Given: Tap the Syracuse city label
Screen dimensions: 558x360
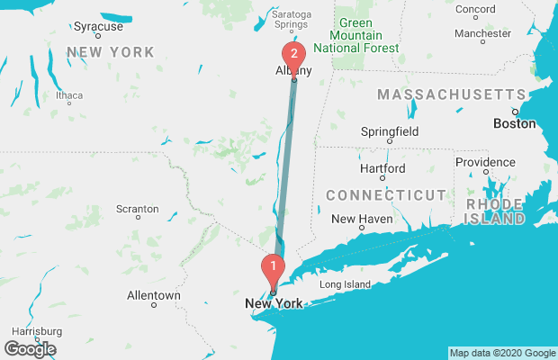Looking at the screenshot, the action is [x=98, y=27].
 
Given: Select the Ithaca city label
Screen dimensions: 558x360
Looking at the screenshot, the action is [x=68, y=95].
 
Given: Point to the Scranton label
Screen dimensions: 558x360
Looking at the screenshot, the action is [x=137, y=209].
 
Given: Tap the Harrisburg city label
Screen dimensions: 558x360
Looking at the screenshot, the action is [x=34, y=330].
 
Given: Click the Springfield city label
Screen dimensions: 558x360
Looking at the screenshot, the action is [x=389, y=130].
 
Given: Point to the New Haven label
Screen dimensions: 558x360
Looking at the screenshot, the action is [x=360, y=219].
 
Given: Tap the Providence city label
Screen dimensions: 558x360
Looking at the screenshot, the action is [x=484, y=162].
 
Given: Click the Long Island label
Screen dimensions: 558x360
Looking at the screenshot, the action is [x=345, y=284].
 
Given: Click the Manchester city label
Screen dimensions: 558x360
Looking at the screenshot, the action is [x=482, y=33].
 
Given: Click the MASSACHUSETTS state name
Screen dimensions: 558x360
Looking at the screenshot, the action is [x=450, y=94].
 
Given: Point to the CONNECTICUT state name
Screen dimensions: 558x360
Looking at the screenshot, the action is [x=385, y=195].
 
